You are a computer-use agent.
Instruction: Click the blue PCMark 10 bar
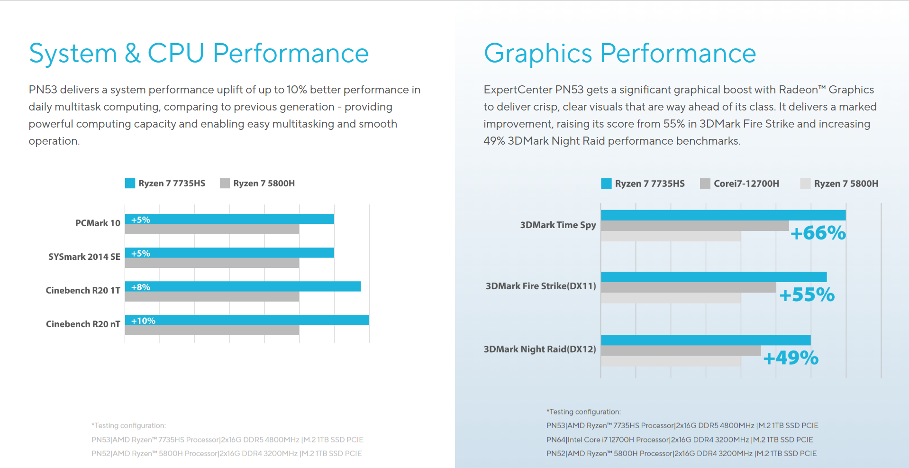click(237, 219)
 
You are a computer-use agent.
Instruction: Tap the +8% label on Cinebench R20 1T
click(141, 287)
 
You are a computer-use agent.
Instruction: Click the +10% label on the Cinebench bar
click(143, 321)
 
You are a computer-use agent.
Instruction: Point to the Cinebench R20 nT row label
click(83, 324)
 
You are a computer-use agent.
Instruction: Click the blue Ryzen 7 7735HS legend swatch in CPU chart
click(130, 184)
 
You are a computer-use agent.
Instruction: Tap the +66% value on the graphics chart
click(818, 233)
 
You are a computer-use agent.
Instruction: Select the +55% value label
click(807, 294)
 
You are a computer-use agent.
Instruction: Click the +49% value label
click(791, 358)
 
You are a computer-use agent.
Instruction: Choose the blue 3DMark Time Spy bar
click(723, 215)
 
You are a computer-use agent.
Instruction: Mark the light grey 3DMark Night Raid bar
click(670, 361)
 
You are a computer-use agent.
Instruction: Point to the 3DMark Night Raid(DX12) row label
click(540, 349)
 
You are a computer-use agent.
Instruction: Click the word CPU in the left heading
click(176, 53)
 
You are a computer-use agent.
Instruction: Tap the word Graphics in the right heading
click(537, 53)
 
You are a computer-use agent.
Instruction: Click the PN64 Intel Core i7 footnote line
click(680, 440)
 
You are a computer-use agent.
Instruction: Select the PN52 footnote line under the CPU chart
click(227, 453)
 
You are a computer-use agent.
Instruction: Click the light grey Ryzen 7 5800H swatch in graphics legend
click(805, 184)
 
